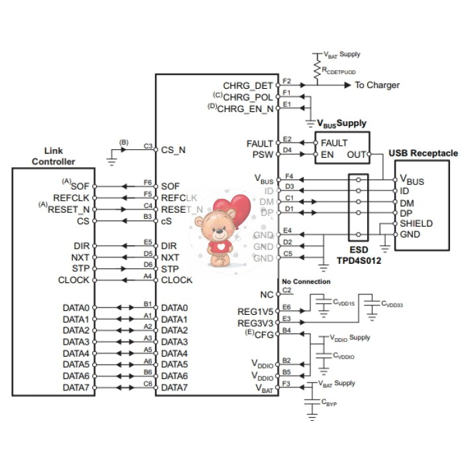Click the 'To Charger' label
377,85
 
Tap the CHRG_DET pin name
247,86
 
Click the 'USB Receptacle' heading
423,153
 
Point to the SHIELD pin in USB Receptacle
416,223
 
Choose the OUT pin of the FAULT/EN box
357,154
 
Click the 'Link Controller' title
54,156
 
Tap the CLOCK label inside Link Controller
74,280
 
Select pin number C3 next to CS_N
148,146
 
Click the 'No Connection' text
306,282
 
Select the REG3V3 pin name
255,323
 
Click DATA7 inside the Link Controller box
76,387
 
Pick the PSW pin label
262,154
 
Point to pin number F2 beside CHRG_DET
286,81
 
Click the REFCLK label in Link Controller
71,198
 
